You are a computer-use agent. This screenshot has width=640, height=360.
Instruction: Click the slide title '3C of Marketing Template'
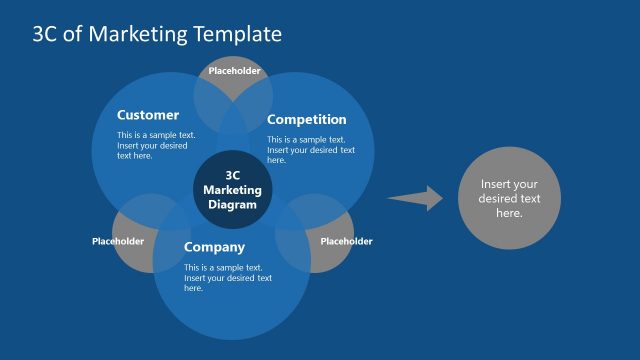coord(157,34)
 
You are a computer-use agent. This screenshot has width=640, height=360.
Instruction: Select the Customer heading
coord(148,115)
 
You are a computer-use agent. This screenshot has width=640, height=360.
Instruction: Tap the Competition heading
coord(307,120)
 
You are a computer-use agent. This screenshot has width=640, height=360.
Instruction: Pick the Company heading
coord(214,247)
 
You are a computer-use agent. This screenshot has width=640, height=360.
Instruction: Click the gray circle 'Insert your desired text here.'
coord(509,198)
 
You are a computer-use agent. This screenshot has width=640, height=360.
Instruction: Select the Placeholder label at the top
coord(234,71)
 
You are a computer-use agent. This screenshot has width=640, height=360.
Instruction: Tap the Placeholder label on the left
coord(118,241)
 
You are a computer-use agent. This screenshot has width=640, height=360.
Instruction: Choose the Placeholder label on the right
coord(346,241)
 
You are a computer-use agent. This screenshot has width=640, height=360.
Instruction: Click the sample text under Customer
coord(157,145)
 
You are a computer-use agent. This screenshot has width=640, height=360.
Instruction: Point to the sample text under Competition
coord(310,150)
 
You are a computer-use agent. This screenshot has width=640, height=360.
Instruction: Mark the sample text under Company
coord(227,278)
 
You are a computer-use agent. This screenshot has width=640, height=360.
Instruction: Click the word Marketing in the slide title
coord(135,34)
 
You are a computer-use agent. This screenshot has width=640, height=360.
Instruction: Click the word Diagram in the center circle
coord(232,204)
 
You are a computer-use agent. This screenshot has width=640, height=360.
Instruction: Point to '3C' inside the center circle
coord(233,175)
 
